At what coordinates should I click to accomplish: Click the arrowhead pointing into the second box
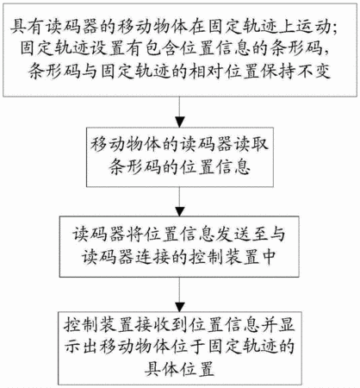point(180,122)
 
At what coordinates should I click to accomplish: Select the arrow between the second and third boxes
point(180,202)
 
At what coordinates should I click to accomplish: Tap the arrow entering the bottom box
point(180,294)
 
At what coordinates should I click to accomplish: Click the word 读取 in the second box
point(251,144)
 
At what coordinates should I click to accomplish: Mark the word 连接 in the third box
point(153,256)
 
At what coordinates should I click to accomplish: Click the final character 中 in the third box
point(269,256)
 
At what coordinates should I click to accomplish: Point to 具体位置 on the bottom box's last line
point(180,369)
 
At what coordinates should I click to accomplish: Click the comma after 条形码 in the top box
point(328,53)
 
